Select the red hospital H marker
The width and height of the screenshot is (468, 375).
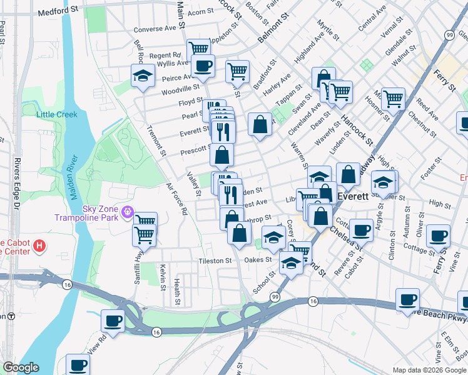tap(39, 246)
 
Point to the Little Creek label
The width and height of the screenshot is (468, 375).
tap(56, 114)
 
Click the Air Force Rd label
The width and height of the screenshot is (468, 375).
tap(176, 199)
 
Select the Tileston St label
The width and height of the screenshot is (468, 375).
tap(215, 261)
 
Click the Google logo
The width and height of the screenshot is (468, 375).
tap(20, 367)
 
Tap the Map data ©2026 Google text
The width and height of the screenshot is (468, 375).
tap(429, 370)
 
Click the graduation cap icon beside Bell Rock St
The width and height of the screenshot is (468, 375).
tap(143, 76)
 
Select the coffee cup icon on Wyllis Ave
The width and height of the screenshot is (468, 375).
tap(203, 64)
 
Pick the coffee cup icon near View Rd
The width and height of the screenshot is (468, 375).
tap(113, 320)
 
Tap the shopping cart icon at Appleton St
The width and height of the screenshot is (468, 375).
tap(198, 47)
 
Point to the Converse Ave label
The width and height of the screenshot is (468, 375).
tap(155, 29)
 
